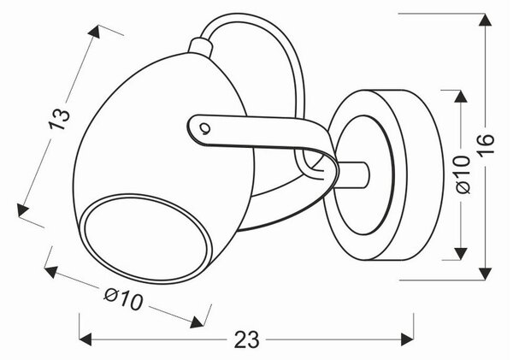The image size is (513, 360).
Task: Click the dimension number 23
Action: [x=247, y=339]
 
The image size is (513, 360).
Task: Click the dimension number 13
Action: [x=59, y=119]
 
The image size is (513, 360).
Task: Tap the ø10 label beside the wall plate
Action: [x=462, y=174]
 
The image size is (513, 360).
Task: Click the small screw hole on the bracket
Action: [x=204, y=127]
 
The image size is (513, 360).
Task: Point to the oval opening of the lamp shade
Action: [x=146, y=239]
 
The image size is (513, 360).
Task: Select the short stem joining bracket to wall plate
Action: [x=354, y=175]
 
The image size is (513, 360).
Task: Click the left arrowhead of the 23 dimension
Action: [x=85, y=339]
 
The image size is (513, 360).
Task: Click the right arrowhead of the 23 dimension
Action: [x=408, y=339]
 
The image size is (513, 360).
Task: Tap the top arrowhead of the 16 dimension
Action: [x=485, y=20]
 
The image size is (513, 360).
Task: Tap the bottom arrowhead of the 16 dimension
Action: [x=485, y=274]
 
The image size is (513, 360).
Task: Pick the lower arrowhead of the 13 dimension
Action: [x=22, y=210]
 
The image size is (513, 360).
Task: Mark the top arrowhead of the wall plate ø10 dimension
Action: [x=461, y=96]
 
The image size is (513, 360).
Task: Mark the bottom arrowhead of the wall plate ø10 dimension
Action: [x=461, y=254]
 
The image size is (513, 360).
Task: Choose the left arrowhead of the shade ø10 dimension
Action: [x=51, y=271]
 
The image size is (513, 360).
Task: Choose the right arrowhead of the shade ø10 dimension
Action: [x=197, y=322]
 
